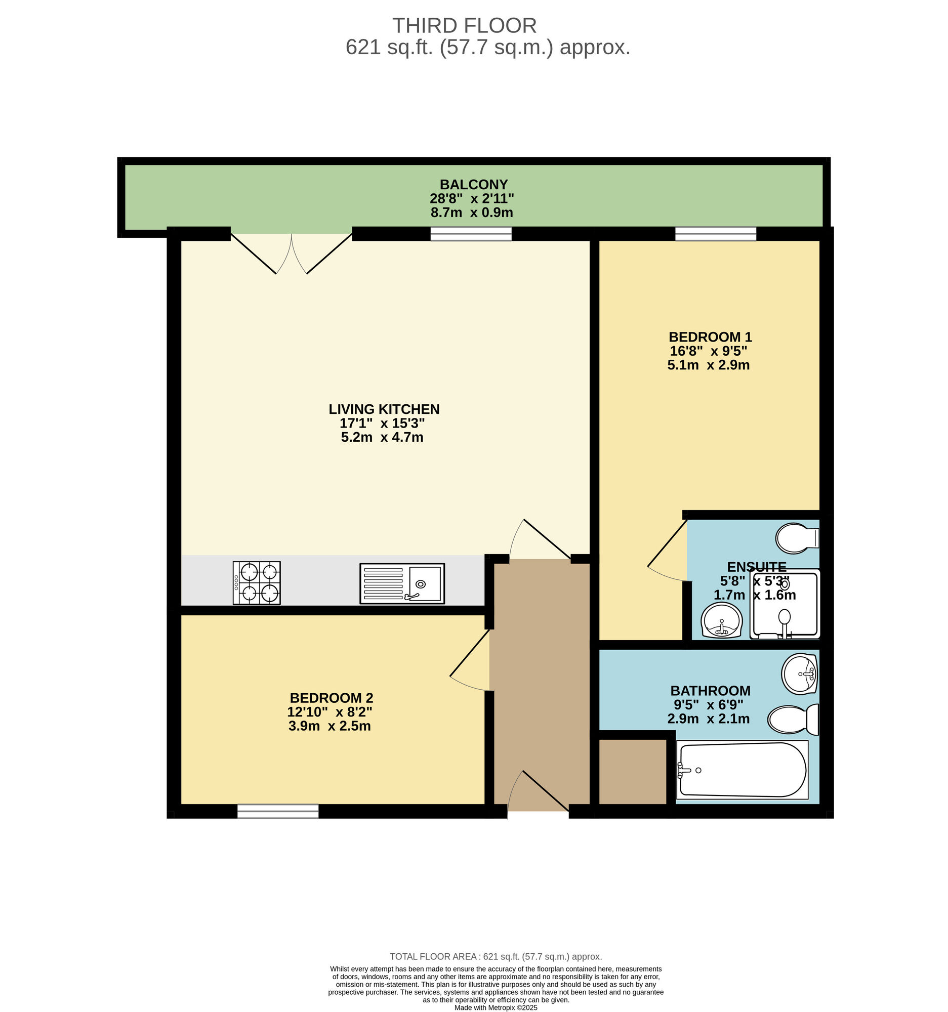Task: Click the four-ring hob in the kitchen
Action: tap(257, 583)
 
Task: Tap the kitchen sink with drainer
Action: tap(402, 583)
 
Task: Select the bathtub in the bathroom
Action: tap(742, 769)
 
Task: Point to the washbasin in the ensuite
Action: tap(721, 620)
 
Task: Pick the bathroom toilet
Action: tap(793, 720)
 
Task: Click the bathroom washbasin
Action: tap(799, 673)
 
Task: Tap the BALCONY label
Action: tap(473, 184)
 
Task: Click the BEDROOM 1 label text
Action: tap(710, 337)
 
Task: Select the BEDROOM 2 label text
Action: tap(332, 698)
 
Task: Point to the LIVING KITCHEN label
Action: tap(384, 409)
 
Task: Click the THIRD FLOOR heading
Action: tap(464, 25)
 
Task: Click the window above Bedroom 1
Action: tap(715, 234)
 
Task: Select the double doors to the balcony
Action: tap(291, 253)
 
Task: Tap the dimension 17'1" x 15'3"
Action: tap(382, 423)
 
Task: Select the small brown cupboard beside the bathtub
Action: tap(632, 772)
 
